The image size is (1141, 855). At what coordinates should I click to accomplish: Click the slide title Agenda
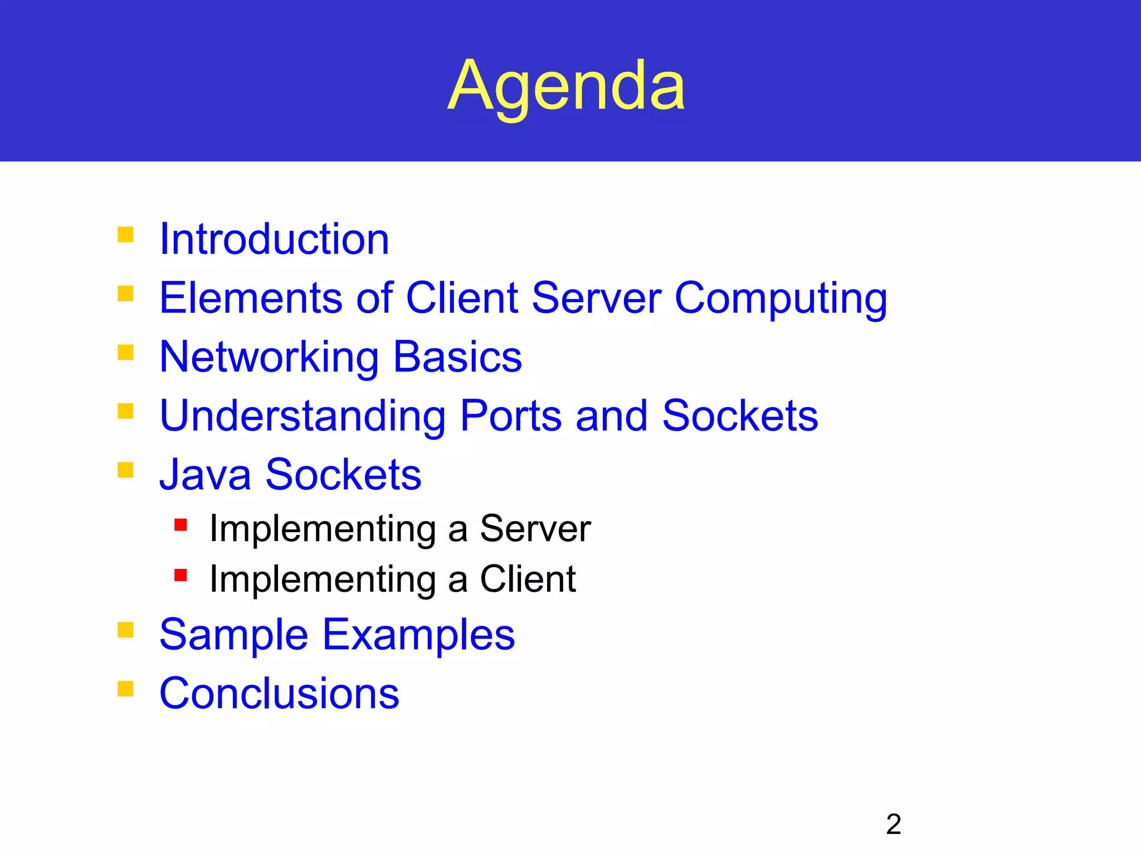[x=566, y=86]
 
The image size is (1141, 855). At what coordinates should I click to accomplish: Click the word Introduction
[x=274, y=239]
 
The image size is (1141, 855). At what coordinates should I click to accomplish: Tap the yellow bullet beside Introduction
[x=126, y=234]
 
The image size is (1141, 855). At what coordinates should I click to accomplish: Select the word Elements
[x=250, y=298]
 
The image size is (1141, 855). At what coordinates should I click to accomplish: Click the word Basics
[x=457, y=357]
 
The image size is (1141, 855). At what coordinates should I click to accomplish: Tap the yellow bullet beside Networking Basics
[x=126, y=352]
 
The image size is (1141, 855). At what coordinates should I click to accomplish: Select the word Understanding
[x=303, y=416]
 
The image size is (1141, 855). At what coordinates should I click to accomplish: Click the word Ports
[x=511, y=416]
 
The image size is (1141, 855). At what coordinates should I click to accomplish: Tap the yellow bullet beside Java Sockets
[x=126, y=470]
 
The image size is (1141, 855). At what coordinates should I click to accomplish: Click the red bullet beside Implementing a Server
[x=181, y=524]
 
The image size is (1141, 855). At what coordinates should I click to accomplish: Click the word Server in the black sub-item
[x=535, y=528]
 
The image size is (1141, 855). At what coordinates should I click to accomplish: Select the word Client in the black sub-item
[x=528, y=579]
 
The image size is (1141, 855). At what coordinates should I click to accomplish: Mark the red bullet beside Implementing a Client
[x=181, y=575]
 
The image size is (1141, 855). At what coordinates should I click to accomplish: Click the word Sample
[x=233, y=635]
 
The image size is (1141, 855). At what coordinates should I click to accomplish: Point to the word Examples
[x=418, y=635]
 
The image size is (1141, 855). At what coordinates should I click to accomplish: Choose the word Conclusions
[x=279, y=694]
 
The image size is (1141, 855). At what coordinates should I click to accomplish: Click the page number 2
[x=893, y=824]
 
